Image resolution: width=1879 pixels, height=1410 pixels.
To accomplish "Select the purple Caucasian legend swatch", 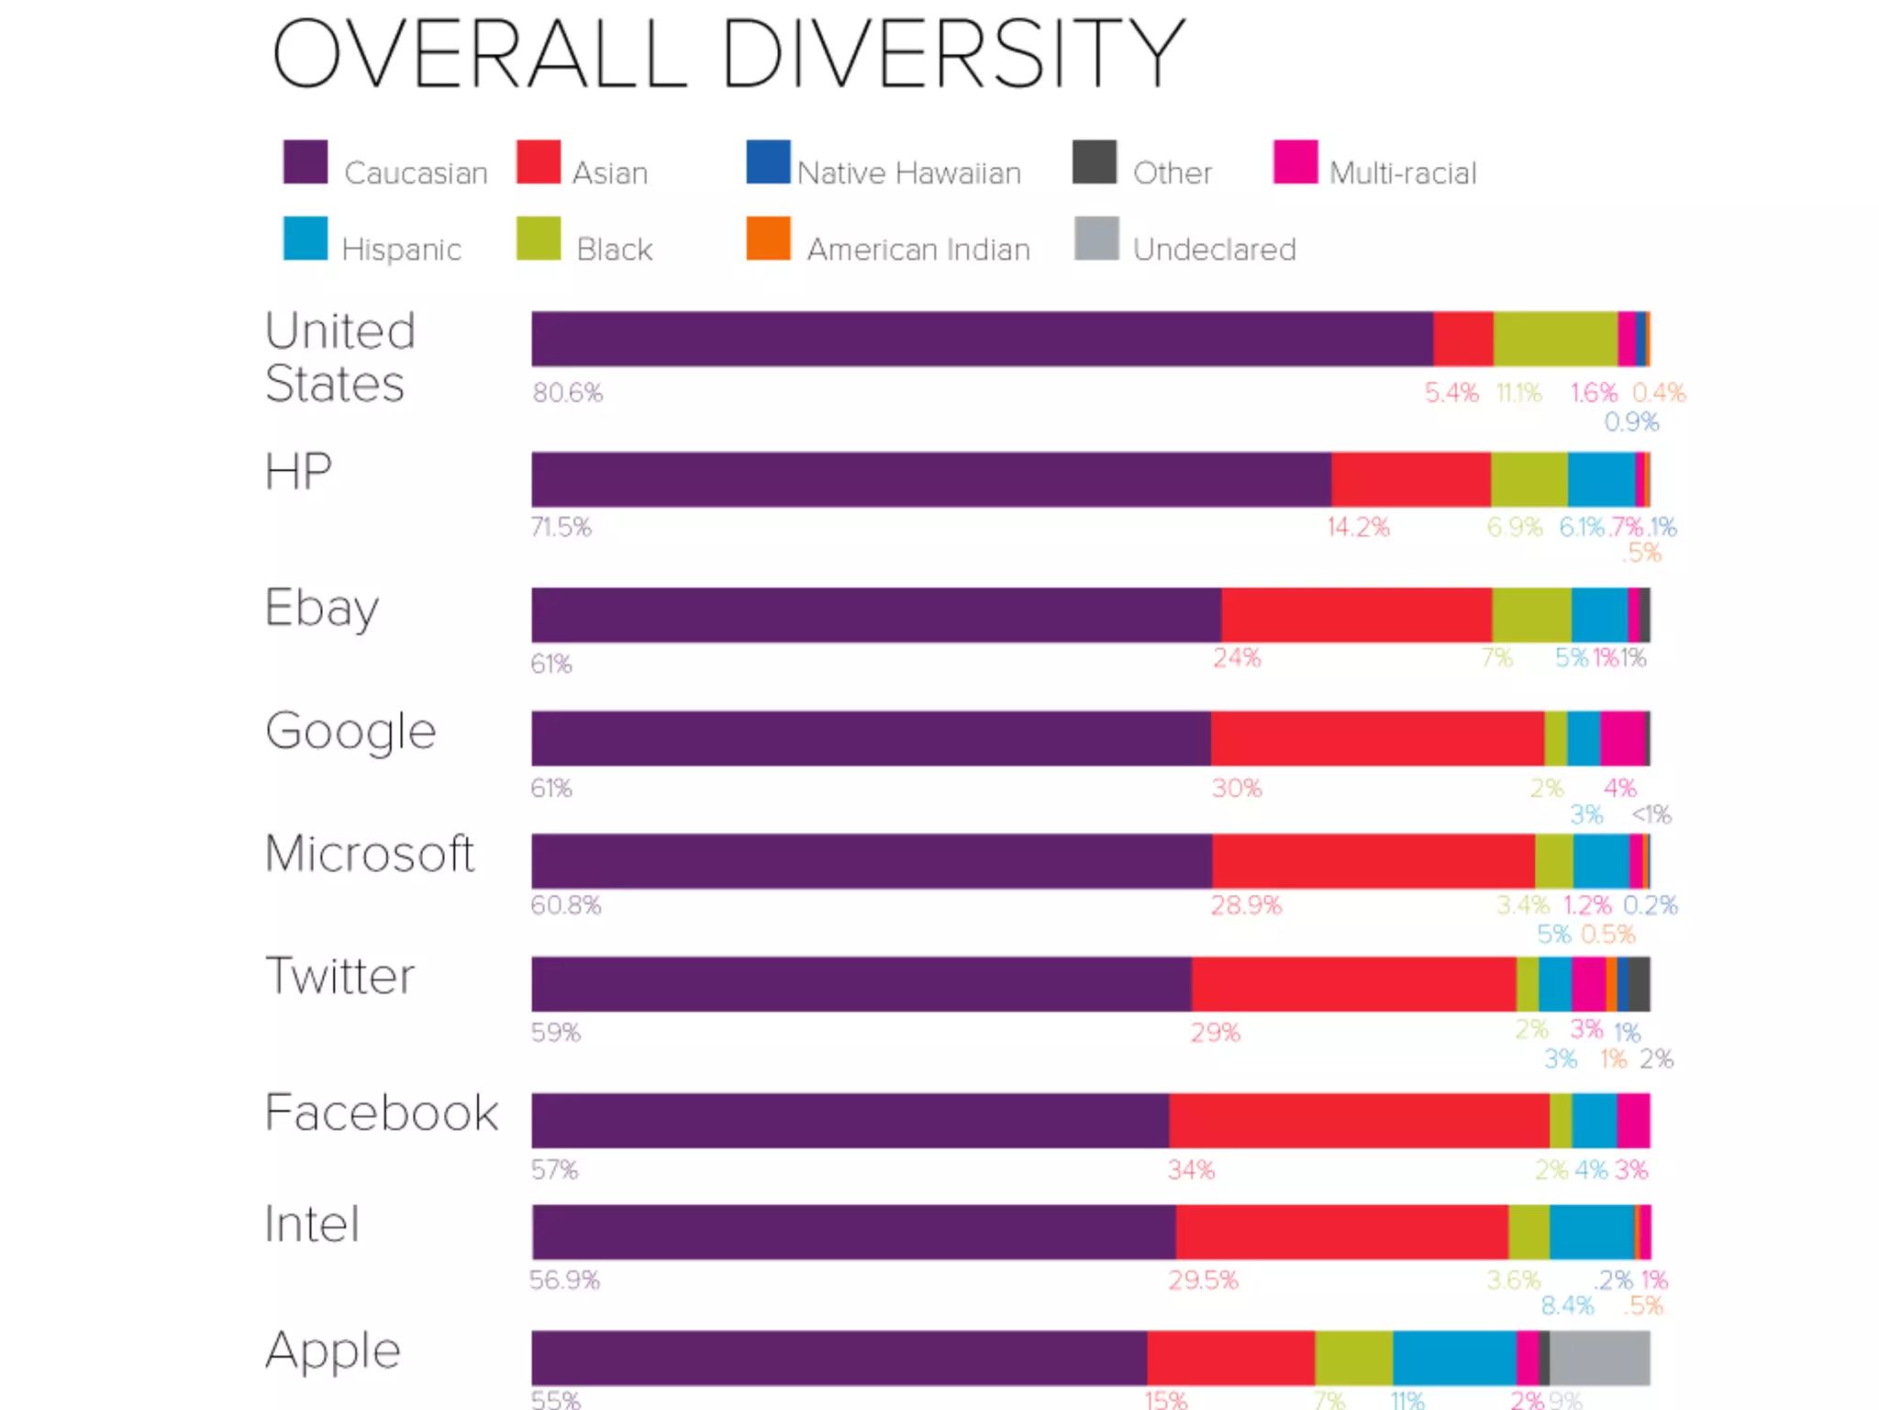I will (306, 162).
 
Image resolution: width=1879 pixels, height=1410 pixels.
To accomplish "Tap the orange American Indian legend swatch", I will (768, 239).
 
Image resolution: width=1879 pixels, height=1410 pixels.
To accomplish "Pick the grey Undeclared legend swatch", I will (1096, 239).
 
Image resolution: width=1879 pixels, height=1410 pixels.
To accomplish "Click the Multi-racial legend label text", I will (1403, 173).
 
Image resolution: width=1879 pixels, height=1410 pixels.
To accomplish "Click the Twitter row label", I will (339, 975).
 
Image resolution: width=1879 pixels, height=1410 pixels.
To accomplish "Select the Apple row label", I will (333, 1350).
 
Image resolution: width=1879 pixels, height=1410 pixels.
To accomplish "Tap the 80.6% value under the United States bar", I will (568, 393).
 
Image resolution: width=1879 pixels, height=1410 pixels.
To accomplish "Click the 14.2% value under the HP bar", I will (1358, 527).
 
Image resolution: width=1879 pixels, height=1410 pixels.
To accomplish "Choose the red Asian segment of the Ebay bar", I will (1356, 615).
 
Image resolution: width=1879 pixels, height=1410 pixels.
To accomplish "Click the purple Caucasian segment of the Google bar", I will (870, 738).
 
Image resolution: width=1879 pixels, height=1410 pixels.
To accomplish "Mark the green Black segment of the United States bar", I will (1555, 339).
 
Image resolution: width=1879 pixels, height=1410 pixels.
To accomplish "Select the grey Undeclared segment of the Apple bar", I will (1599, 1357).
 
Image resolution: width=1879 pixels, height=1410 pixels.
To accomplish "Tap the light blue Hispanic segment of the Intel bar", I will (1592, 1232).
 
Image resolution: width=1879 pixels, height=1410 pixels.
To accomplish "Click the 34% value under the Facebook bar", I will (1191, 1169).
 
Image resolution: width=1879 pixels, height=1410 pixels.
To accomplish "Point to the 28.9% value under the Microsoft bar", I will (1245, 905).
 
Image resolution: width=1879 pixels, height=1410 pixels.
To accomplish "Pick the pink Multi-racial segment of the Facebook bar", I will (1633, 1120).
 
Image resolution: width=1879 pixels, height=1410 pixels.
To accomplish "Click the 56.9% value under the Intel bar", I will (564, 1280).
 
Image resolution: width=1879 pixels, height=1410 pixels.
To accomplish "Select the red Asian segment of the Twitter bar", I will (1353, 984).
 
